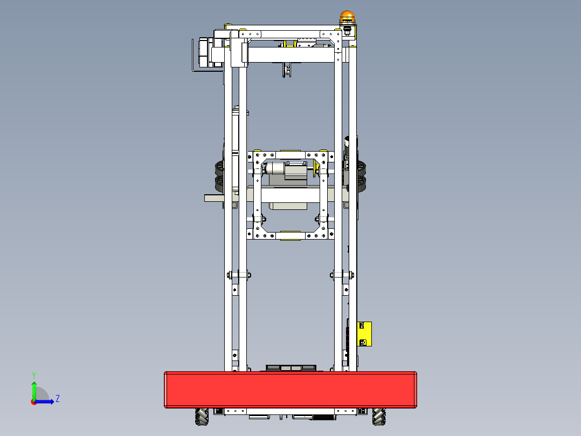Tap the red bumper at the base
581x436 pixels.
[290, 389]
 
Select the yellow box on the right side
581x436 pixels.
[365, 333]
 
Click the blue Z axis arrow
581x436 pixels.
[46, 401]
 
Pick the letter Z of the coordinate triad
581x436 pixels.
[57, 399]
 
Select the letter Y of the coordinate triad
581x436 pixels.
[34, 374]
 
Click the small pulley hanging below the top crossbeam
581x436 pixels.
[286, 70]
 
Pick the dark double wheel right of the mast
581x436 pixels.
[361, 175]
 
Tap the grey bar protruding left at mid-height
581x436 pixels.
[214, 198]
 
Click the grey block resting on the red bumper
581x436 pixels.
[290, 367]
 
